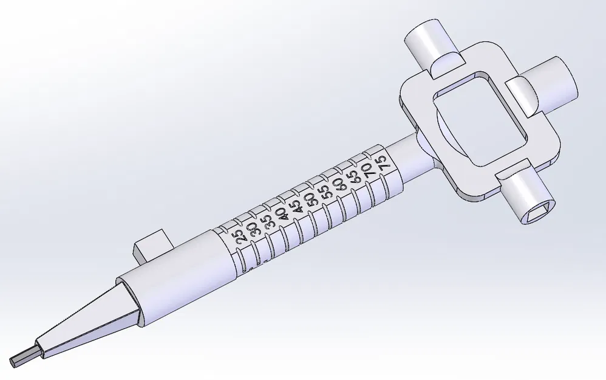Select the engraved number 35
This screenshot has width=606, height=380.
[x=269, y=221]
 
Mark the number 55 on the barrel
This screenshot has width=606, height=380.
[x=325, y=192]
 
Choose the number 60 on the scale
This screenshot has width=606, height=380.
[x=339, y=184]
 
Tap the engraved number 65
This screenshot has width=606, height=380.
[x=353, y=177]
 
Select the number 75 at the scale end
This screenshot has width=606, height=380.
[x=381, y=163]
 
